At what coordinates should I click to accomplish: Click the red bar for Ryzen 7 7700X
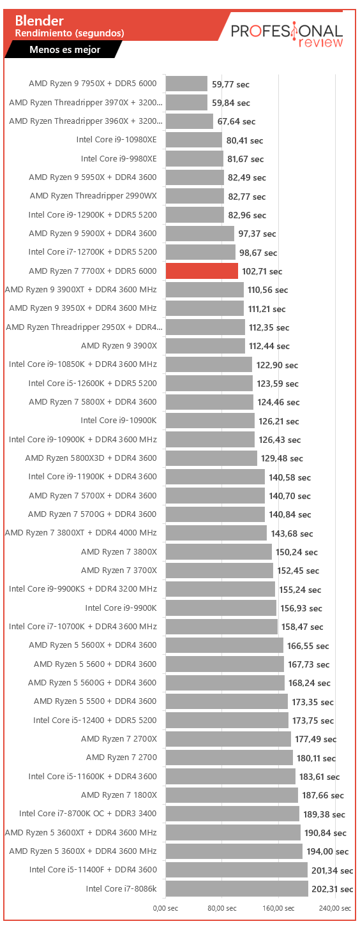[202, 271]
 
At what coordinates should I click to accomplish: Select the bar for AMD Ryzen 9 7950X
[186, 84]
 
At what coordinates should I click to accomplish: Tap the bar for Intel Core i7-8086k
[237, 888]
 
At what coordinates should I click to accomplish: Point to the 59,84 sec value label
[230, 103]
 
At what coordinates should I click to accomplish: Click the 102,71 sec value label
[262, 272]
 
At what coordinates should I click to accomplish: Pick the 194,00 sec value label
[327, 851]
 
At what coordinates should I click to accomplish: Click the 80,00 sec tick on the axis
[222, 908]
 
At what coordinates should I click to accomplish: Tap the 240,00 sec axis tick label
[335, 908]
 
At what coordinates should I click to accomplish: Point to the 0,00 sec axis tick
[165, 908]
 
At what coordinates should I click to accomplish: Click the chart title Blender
[40, 20]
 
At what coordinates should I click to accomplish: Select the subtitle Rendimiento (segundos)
[70, 33]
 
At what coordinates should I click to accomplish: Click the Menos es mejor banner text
[65, 50]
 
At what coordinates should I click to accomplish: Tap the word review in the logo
[320, 42]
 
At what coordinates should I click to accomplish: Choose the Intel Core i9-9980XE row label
[119, 159]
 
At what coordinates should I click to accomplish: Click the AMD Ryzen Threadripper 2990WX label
[93, 196]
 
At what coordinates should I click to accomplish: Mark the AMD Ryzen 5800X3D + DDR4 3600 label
[91, 458]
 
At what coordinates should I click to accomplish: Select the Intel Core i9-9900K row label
[121, 608]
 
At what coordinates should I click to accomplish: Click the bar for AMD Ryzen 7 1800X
[232, 795]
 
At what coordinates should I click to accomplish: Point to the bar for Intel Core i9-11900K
[215, 477]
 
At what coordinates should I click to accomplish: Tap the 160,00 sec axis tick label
[278, 908]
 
